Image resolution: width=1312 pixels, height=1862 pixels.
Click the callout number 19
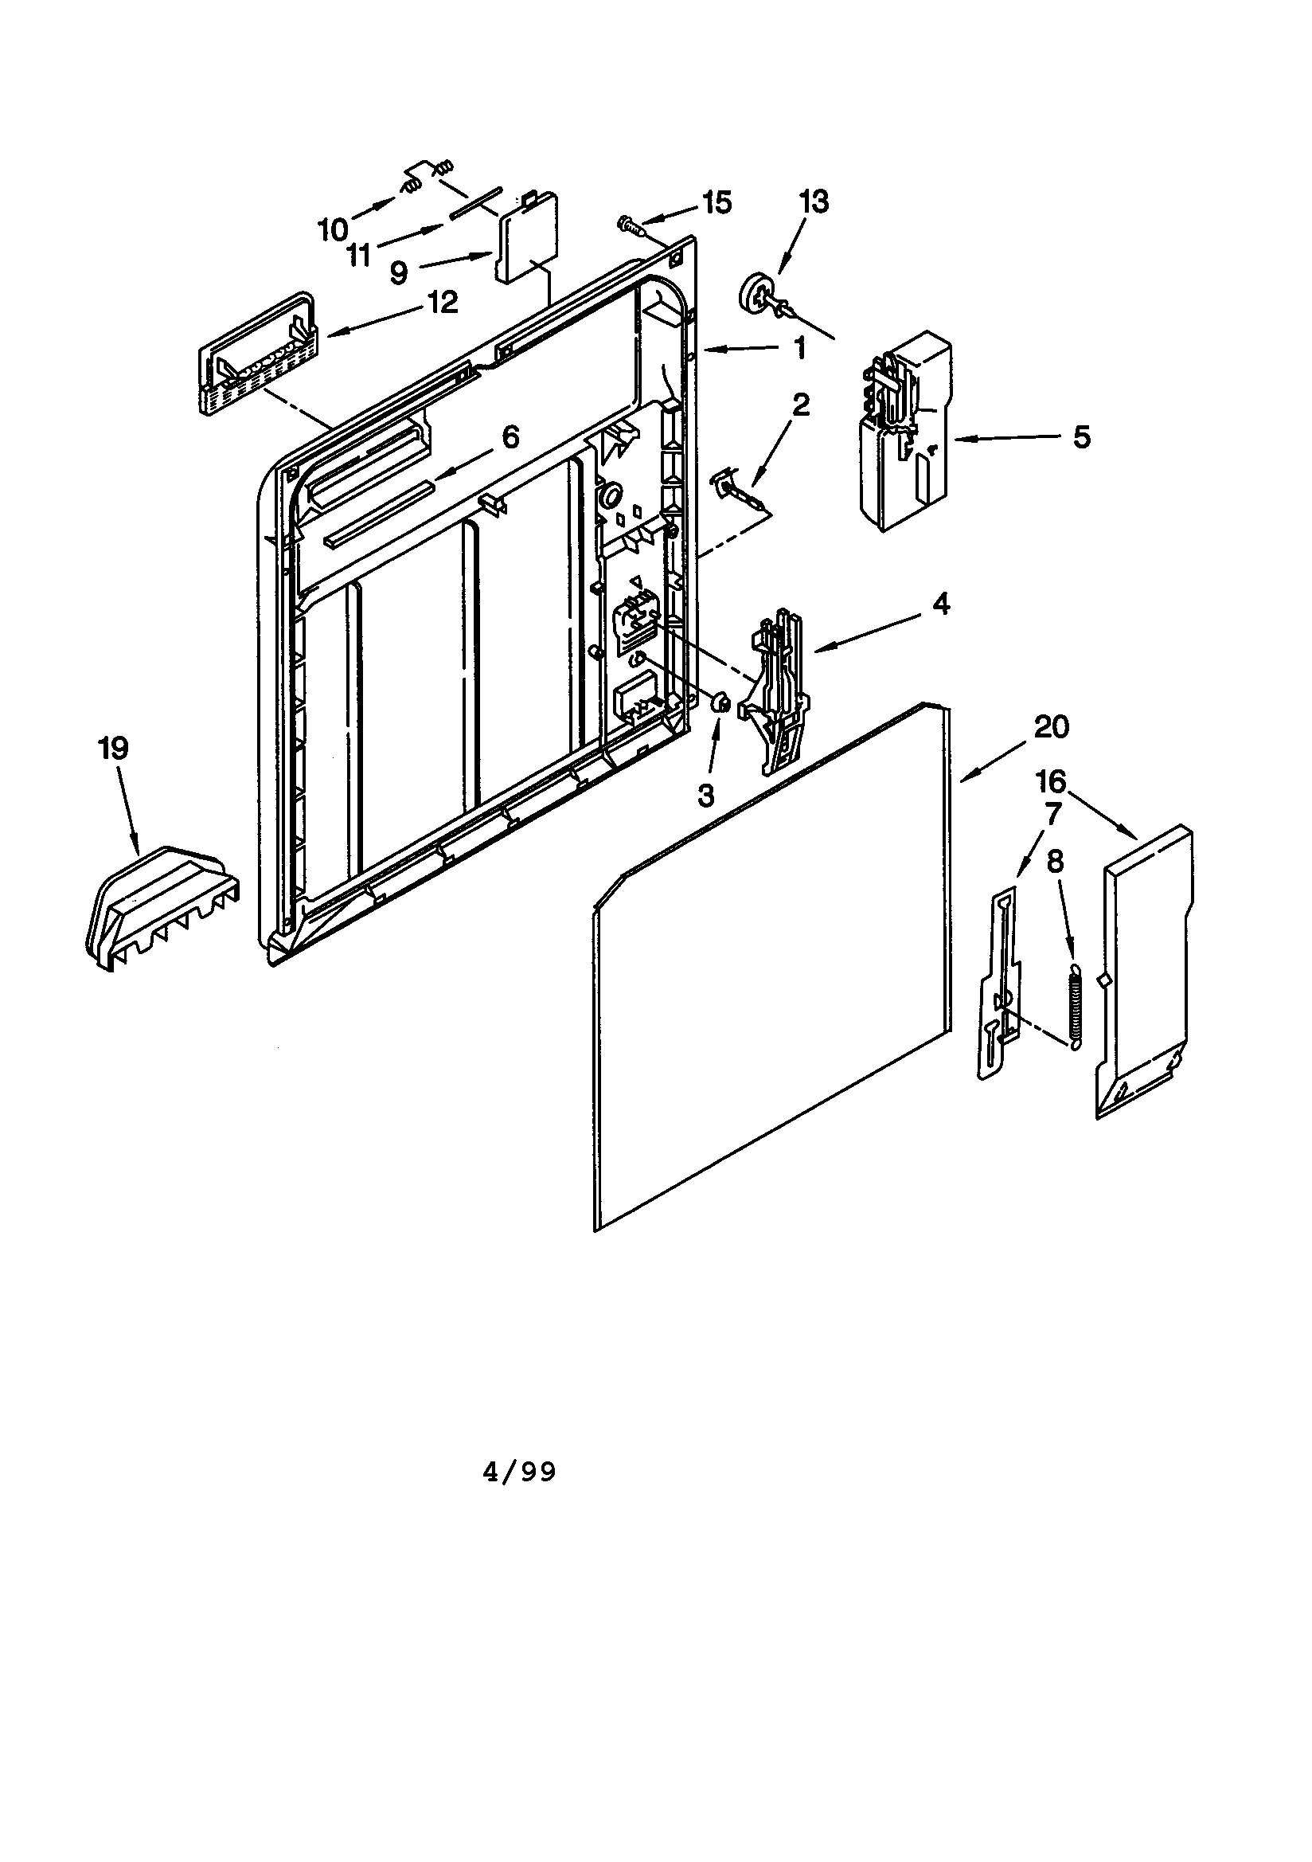[114, 748]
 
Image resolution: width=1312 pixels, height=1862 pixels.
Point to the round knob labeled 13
[755, 292]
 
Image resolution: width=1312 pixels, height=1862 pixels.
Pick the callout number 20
[1051, 726]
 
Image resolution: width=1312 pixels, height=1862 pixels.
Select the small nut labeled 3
[718, 704]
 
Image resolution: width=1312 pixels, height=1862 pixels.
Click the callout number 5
[1083, 438]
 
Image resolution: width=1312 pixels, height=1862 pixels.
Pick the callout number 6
[510, 437]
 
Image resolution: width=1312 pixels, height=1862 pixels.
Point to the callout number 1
[799, 348]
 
